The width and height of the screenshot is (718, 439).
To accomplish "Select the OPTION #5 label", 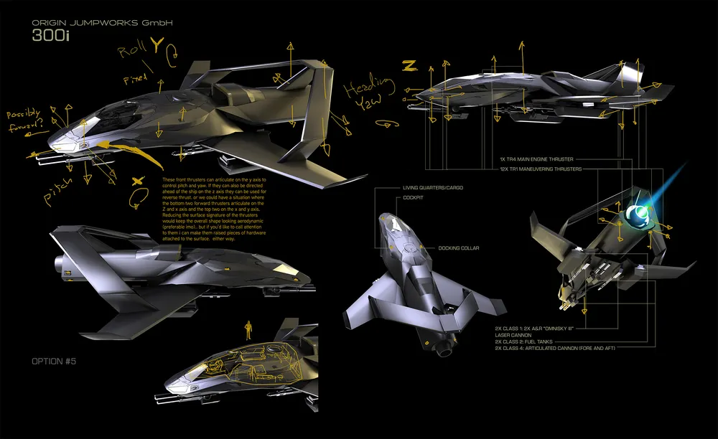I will [54, 361].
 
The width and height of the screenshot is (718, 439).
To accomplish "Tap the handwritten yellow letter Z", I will [409, 65].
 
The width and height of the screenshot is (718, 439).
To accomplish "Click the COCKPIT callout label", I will [413, 197].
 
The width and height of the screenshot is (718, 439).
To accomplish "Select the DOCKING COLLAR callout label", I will [459, 248].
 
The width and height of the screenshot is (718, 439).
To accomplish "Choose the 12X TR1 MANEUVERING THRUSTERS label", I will [541, 169].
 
